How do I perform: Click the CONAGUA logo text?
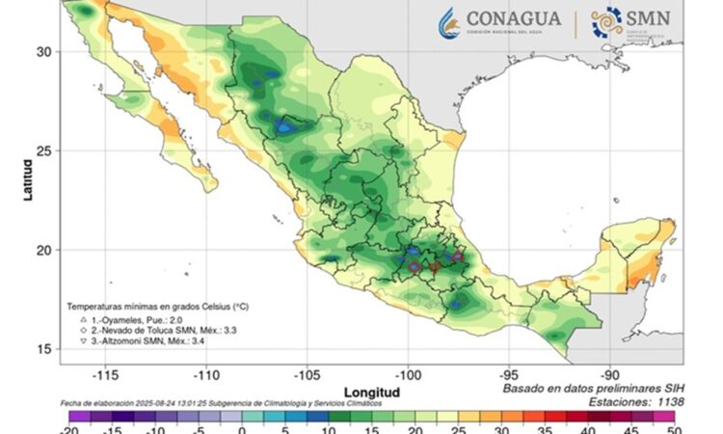pyautogui.click(x=514, y=18)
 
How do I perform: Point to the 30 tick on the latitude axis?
pyautogui.click(x=44, y=51)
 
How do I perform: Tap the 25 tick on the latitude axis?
pyautogui.click(x=44, y=150)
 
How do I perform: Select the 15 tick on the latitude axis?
pyautogui.click(x=44, y=349)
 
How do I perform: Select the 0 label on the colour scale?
pyautogui.click(x=241, y=428)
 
